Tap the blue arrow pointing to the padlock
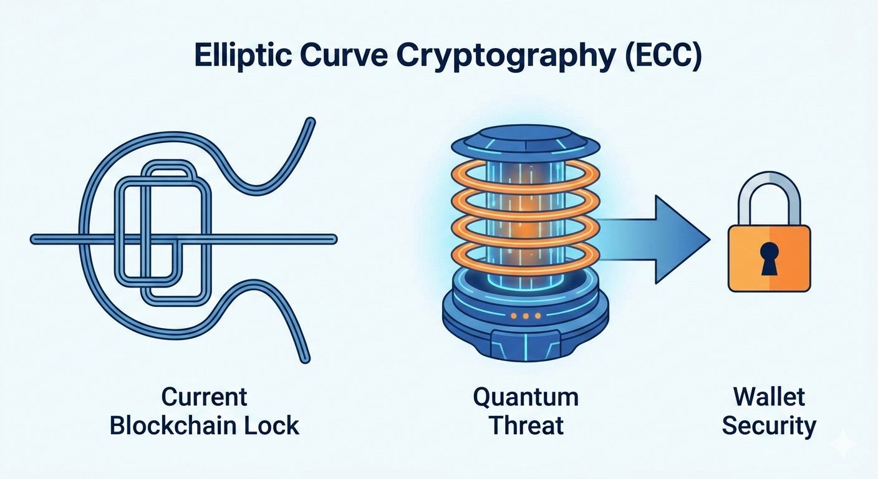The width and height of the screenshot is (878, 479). pos(661,239)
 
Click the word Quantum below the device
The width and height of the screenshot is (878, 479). pos(526,397)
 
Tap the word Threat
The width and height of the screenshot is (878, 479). pos(526,426)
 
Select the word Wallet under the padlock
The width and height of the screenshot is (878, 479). pos(769,397)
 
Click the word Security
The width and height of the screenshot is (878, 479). pos(769,426)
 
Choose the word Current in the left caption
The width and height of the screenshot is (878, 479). pos(205,397)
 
